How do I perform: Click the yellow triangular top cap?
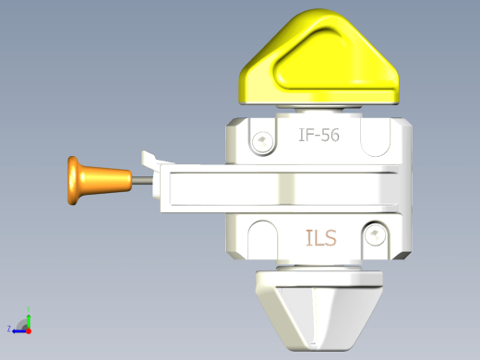pos(319,58)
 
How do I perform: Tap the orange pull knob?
pos(99,180)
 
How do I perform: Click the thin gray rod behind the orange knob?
pos(142,180)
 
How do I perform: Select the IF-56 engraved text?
pos(319,135)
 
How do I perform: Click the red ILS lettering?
pos(321,238)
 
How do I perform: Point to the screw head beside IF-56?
pos(262,141)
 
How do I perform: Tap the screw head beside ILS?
pos(375,234)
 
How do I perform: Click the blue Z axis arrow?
pos(19,331)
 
